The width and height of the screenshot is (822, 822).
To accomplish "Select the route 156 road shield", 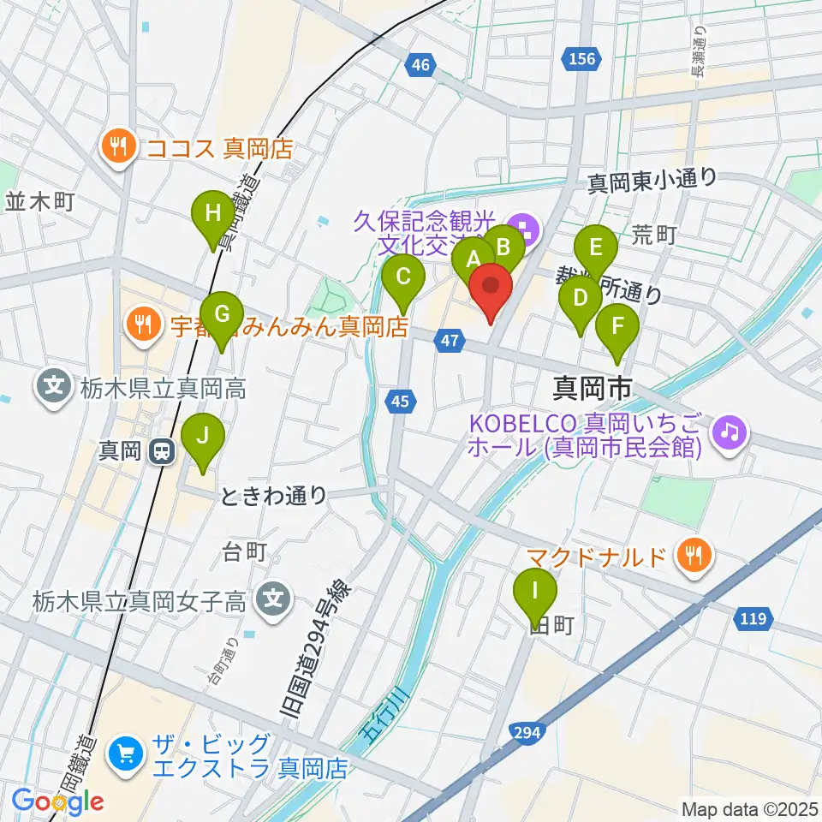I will pyautogui.click(x=580, y=58).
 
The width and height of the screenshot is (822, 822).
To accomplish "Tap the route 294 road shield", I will pyautogui.click(x=527, y=730).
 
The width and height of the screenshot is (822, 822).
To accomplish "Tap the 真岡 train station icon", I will pyautogui.click(x=159, y=450).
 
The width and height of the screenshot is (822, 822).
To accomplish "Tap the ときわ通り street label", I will pyautogui.click(x=274, y=495).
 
